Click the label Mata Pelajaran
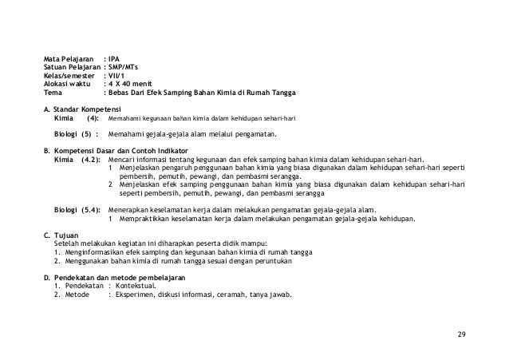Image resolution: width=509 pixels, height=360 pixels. [x=68, y=58]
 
